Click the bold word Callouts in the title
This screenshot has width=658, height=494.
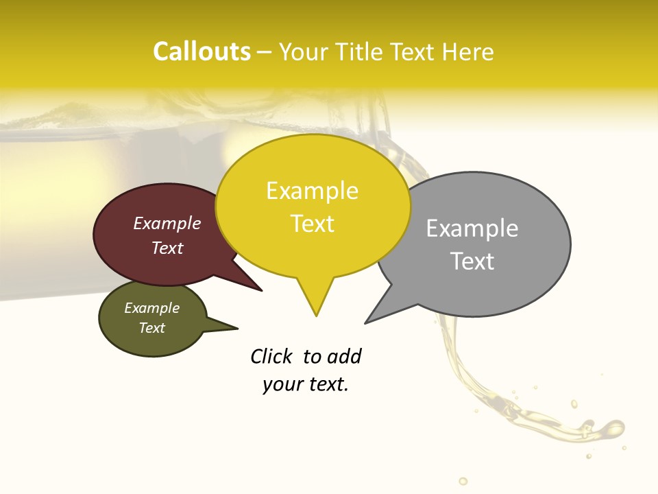[x=202, y=52]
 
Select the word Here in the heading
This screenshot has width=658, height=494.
[x=468, y=52]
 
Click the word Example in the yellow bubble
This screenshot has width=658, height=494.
[x=312, y=191]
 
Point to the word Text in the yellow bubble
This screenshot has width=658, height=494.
[x=312, y=224]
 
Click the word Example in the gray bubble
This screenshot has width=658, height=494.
[x=472, y=228]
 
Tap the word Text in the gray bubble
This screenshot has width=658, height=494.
[x=472, y=261]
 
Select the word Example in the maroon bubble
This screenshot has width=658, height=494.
[x=167, y=224]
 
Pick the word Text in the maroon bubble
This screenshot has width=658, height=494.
[x=167, y=248]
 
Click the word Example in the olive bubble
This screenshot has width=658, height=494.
[x=152, y=309]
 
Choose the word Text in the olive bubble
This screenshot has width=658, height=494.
[x=152, y=328]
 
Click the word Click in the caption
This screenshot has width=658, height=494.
[x=271, y=357]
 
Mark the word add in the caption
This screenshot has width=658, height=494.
[x=343, y=357]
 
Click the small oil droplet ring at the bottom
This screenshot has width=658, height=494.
[x=463, y=481]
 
